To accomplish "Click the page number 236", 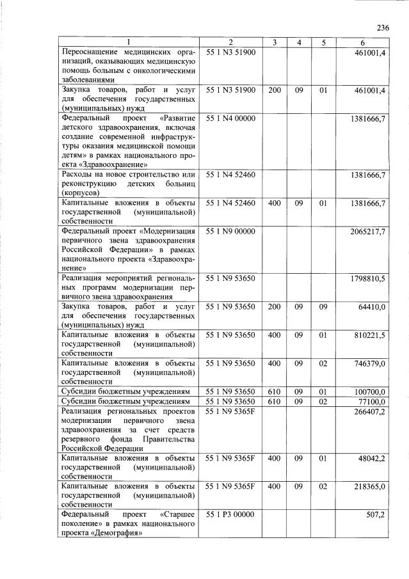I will [x=383, y=28].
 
